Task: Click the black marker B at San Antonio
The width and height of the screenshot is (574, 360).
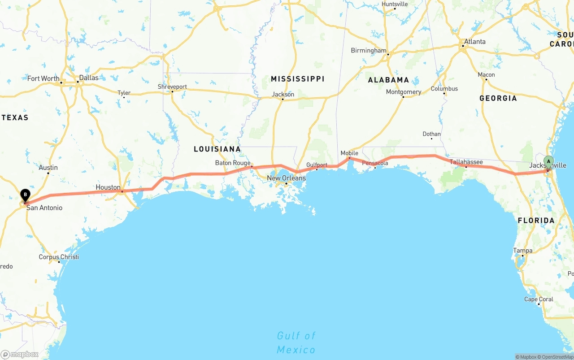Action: [x=26, y=195]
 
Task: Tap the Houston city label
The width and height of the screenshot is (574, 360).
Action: [x=108, y=187]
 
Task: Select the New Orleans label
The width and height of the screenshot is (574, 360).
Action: [x=286, y=178]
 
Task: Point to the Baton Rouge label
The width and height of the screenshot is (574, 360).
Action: [x=233, y=163]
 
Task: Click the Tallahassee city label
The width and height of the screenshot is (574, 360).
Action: [x=466, y=162]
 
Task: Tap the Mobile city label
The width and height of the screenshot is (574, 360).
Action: [x=349, y=153]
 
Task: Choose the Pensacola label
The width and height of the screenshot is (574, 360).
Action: [x=375, y=163]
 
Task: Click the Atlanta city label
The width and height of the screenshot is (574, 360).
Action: [x=474, y=42]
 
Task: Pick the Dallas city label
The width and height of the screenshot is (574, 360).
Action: [x=88, y=78]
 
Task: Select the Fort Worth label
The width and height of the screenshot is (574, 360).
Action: [x=43, y=78]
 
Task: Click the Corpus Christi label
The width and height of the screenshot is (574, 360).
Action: [x=59, y=257]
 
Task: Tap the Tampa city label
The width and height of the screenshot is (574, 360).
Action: [x=523, y=251]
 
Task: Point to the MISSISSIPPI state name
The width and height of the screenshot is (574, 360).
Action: [x=297, y=79]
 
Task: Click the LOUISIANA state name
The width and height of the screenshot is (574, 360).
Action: [x=217, y=149]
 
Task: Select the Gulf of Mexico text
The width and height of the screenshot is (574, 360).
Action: [x=296, y=343]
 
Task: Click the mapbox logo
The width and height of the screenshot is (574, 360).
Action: [x=20, y=354]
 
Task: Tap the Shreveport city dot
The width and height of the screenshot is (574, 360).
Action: [x=172, y=92]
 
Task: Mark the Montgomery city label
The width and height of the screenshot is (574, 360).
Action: [x=404, y=92]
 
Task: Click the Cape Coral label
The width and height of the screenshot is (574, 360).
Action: [x=539, y=299]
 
